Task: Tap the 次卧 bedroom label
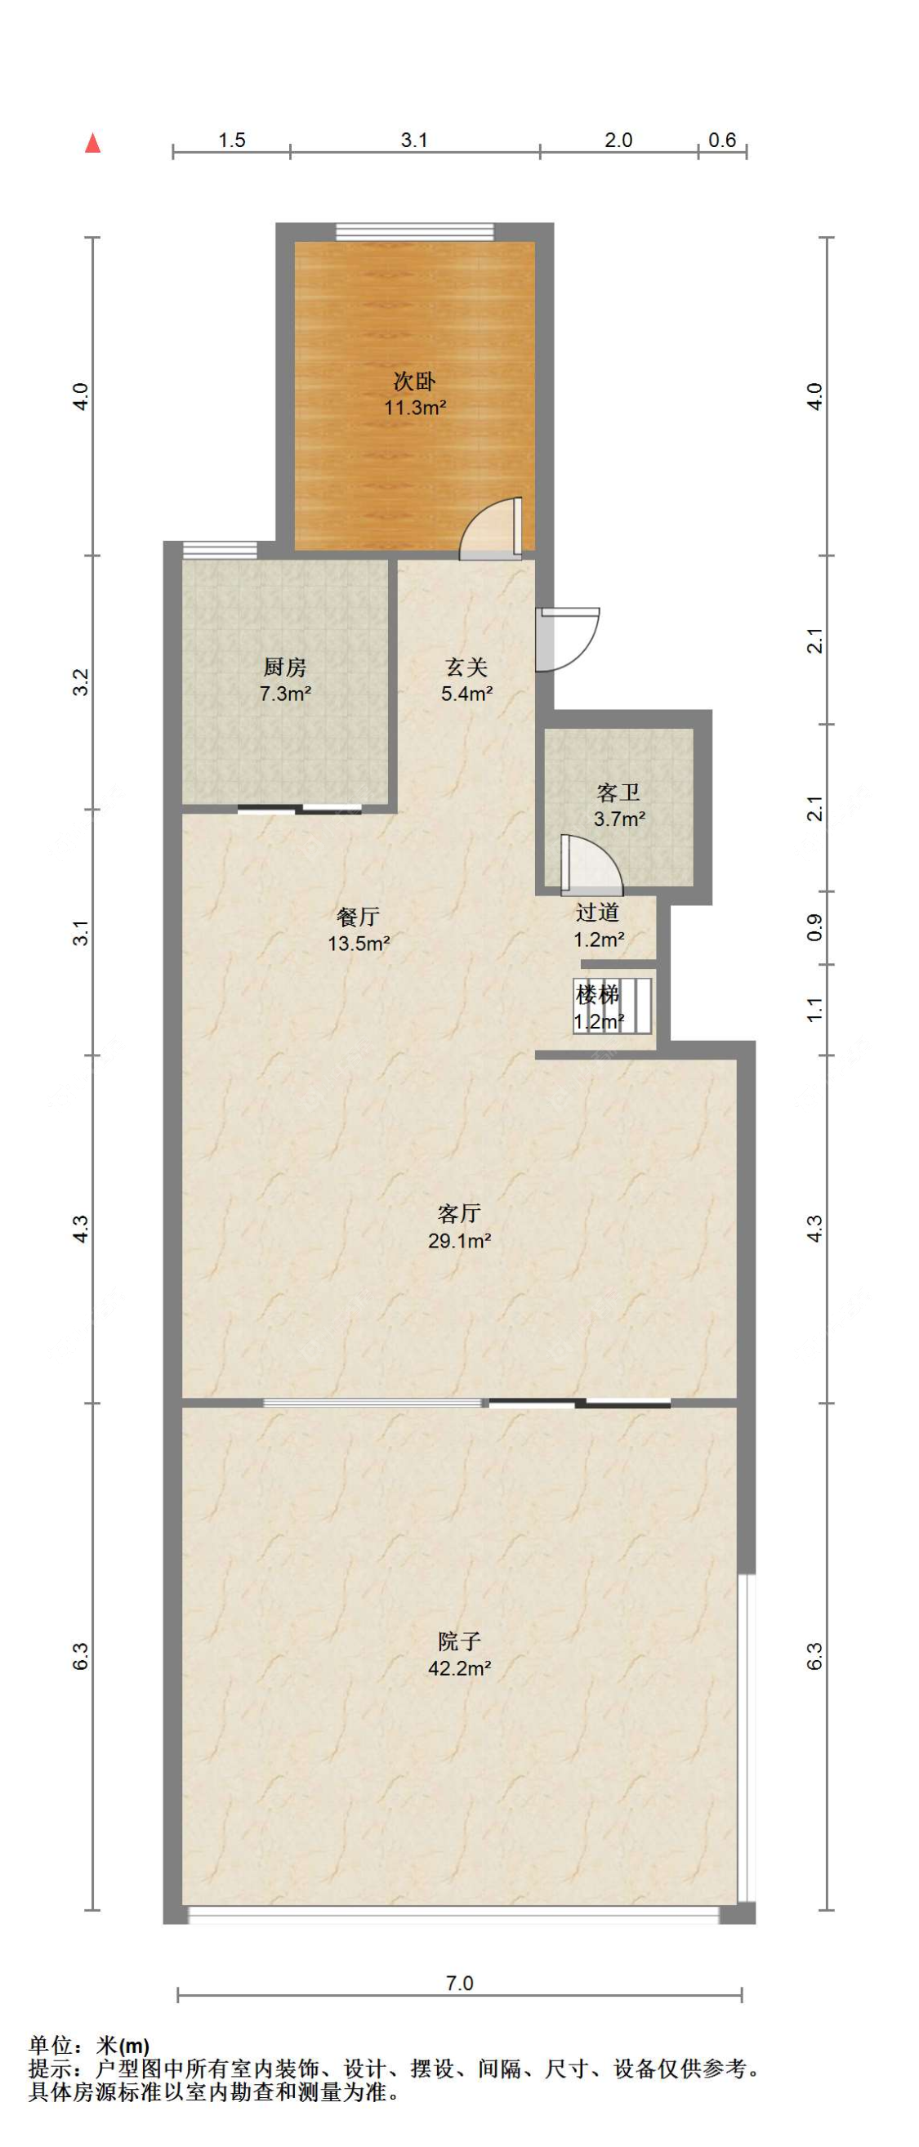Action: tap(414, 382)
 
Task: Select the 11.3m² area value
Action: tap(414, 408)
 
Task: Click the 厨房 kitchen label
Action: tap(285, 667)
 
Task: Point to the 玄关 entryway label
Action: tap(466, 667)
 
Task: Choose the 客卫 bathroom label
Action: tap(618, 792)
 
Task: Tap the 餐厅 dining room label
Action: tap(359, 917)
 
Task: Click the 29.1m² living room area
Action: tap(459, 1240)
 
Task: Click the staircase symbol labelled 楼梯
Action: tap(613, 1006)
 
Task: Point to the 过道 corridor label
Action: tap(597, 912)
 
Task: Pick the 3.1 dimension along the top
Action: tap(414, 140)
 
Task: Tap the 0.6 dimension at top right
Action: tap(722, 140)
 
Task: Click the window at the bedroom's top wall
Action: tap(414, 232)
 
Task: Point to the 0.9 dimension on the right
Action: tap(815, 927)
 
